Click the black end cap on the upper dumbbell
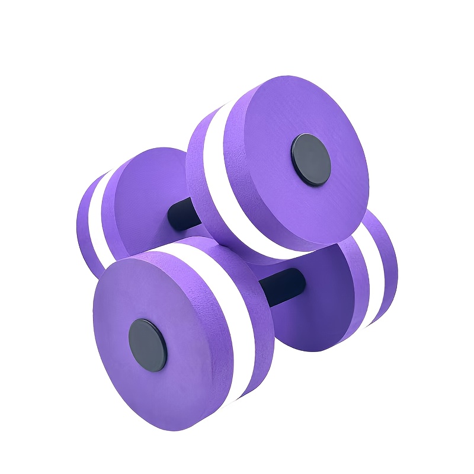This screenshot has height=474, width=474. (x=310, y=159)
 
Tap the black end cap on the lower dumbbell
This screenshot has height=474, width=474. (x=148, y=345)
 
